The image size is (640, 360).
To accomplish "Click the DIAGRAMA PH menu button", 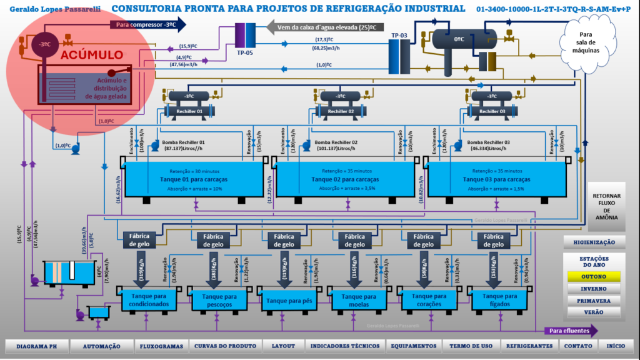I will click(35, 346).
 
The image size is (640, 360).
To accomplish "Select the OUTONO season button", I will click(594, 276).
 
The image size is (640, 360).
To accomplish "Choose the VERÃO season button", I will click(594, 312).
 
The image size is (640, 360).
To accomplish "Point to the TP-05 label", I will click(244, 52).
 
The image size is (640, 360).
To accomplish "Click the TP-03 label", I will click(399, 36).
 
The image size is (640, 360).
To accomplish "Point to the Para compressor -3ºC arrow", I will click(147, 24).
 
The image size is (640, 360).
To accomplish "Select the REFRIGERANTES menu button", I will click(529, 346).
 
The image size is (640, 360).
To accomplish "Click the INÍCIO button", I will click(616, 346).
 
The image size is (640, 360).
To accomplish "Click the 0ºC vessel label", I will click(459, 38).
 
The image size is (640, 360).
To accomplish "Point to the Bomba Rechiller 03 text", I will click(486, 142).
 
